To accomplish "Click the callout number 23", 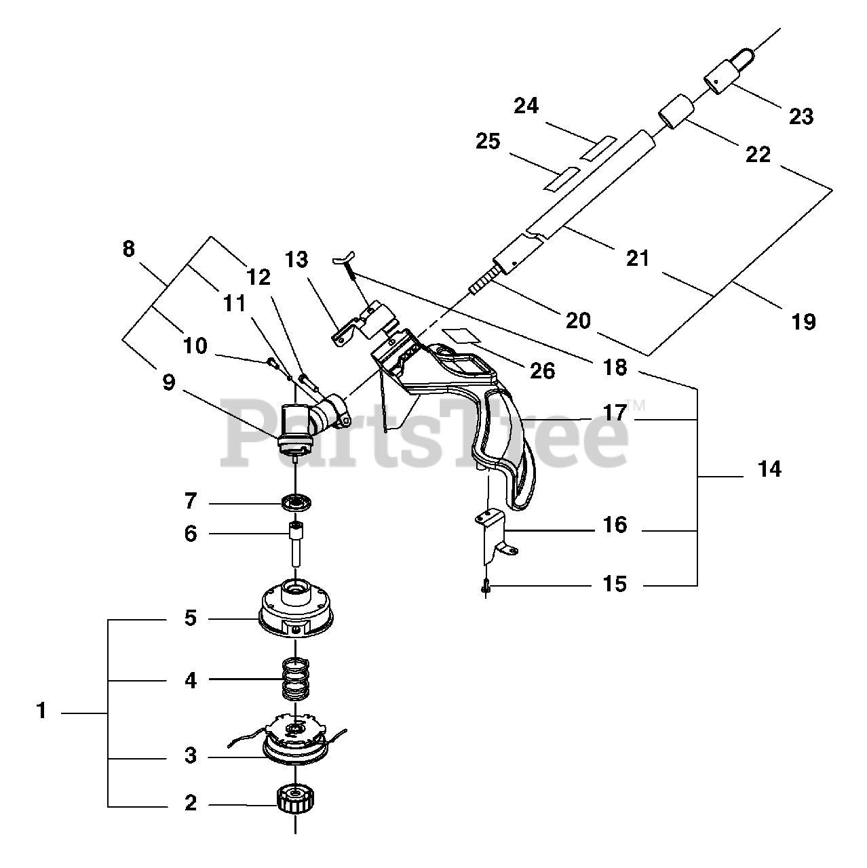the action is point(801,117).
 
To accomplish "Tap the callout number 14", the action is point(770,469).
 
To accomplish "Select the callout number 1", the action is point(41,711).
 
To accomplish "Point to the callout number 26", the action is point(543,371).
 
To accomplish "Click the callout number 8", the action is point(129,249).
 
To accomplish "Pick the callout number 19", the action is point(803,321).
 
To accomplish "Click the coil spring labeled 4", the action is point(296,679).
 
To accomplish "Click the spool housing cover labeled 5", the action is point(296,611).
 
